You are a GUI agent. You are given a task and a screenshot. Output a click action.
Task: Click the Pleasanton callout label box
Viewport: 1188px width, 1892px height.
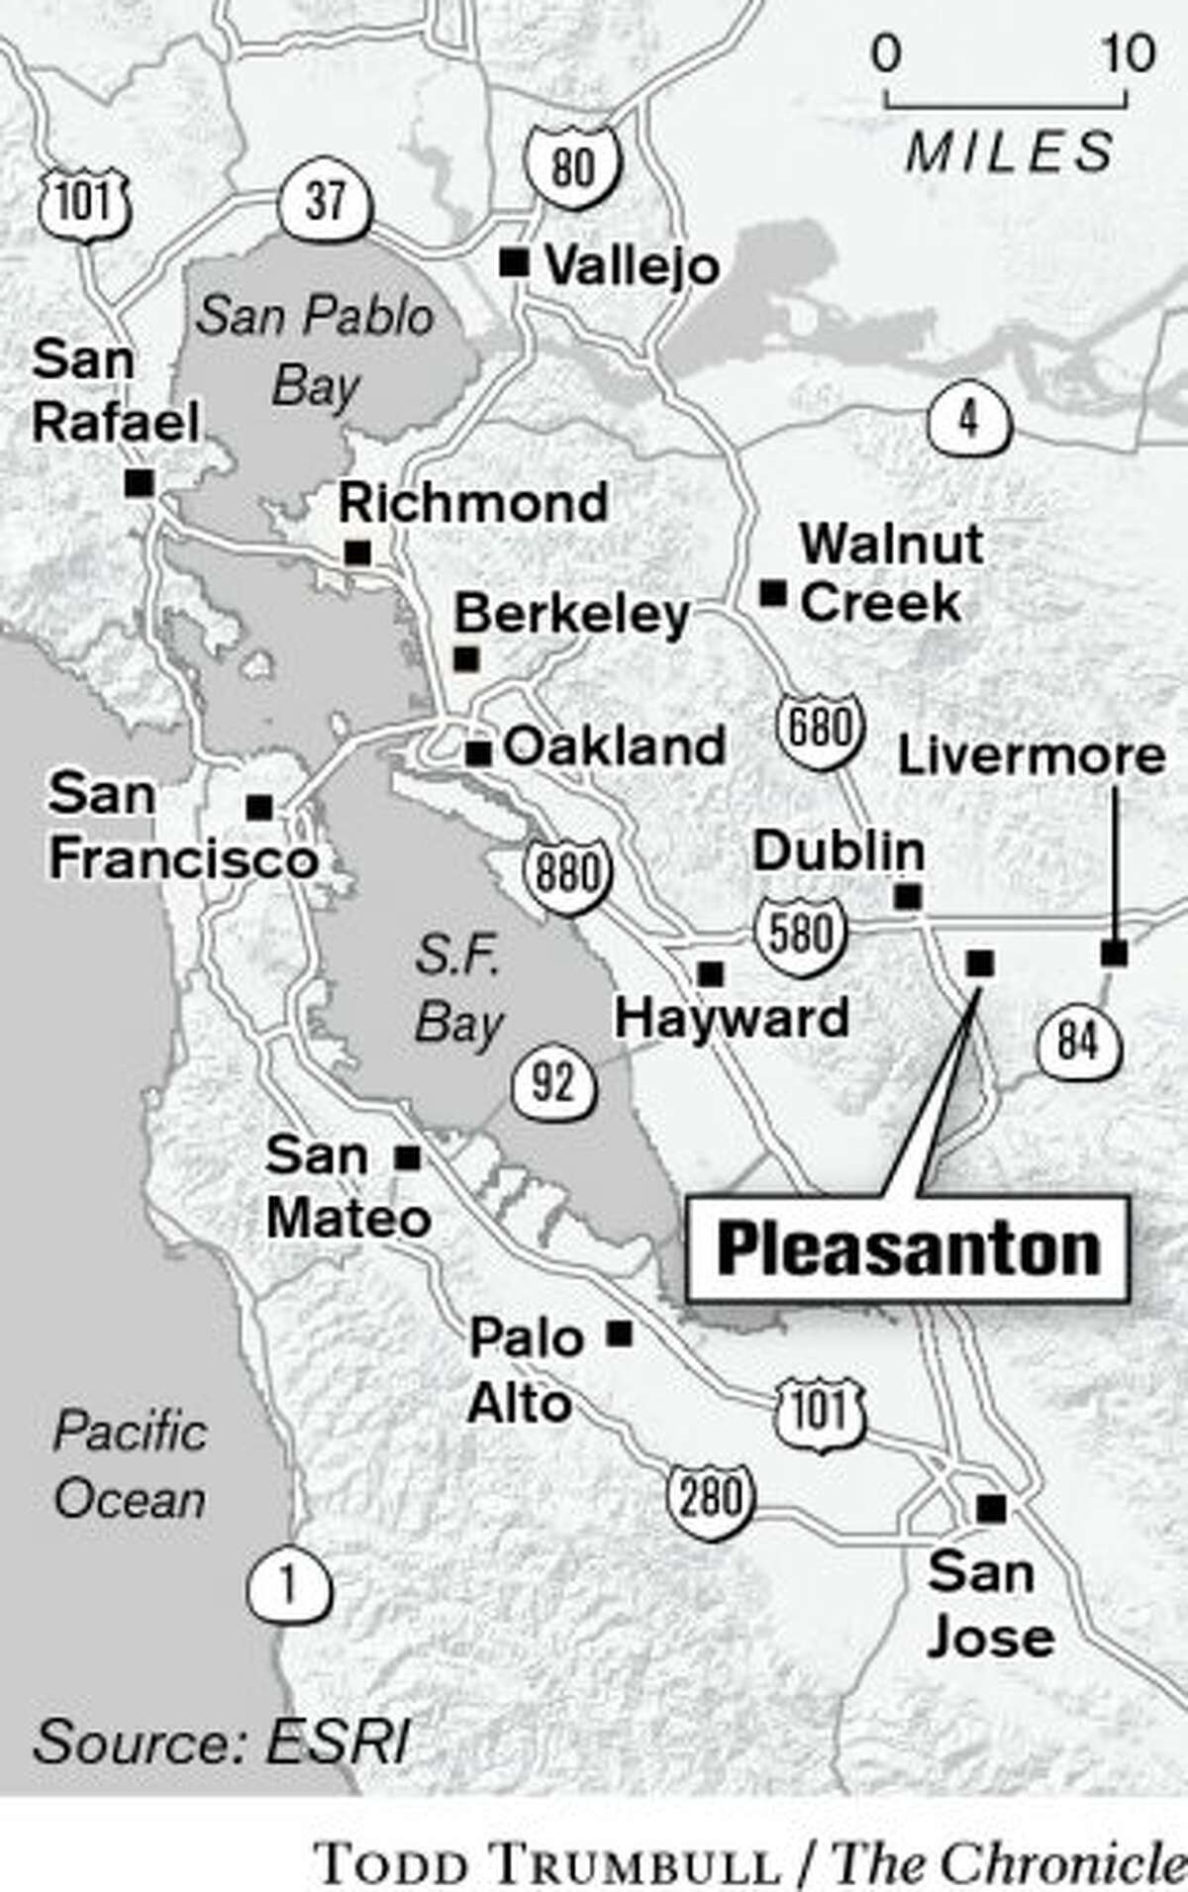907,1248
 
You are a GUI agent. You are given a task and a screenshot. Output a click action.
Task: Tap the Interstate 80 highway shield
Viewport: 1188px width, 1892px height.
573,165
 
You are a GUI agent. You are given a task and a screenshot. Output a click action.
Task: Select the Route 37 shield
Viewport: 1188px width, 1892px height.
326,201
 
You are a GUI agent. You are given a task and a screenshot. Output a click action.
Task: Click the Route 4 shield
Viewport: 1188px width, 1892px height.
969,421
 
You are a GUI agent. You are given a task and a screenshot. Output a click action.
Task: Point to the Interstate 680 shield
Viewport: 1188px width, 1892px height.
821,730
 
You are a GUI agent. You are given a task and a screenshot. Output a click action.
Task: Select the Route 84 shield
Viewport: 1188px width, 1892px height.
1079,1043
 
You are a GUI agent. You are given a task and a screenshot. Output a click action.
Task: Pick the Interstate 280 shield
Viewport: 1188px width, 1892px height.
710,1496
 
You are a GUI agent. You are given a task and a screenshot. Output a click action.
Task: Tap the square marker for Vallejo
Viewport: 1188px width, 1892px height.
514,263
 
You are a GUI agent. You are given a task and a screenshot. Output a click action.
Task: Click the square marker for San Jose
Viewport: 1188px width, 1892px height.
991,1509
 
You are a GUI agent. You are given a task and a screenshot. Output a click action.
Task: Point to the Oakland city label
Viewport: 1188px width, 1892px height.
614,746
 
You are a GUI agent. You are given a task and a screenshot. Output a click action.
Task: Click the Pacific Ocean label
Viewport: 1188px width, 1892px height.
130,1465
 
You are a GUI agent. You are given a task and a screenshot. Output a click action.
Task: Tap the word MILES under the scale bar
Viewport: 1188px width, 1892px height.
1009,152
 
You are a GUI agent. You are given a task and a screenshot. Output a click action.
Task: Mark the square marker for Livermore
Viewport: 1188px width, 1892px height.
1115,953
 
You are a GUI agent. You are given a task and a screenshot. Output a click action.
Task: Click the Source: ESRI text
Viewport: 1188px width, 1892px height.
220,1742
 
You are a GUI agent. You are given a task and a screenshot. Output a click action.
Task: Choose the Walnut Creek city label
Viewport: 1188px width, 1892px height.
891,573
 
